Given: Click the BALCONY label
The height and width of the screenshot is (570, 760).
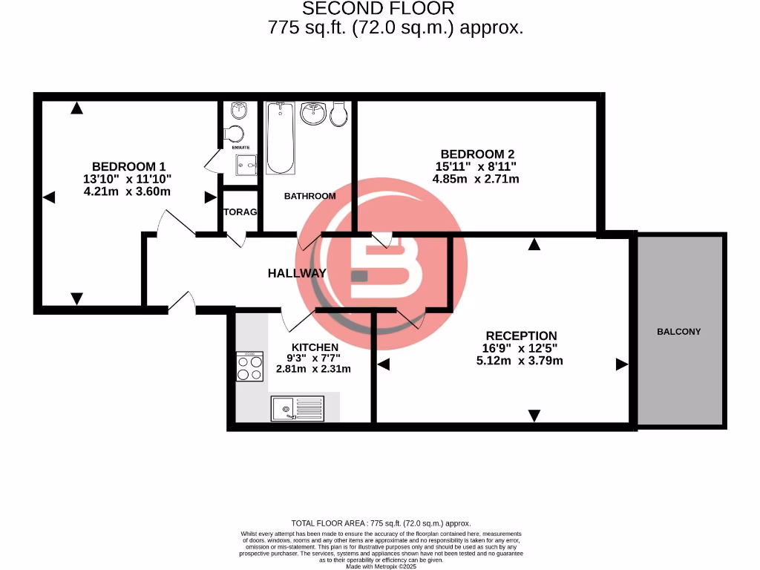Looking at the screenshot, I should tap(678, 332).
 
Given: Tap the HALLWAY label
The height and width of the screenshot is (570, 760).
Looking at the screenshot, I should tap(297, 273).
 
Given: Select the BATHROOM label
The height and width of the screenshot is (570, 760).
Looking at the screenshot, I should tap(310, 197).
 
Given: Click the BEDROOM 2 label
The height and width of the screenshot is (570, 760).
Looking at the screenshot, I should tap(478, 154).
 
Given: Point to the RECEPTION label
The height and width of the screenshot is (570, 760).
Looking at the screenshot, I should tap(521, 336).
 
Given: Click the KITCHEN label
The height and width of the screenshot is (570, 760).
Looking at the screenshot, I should tap(315, 347).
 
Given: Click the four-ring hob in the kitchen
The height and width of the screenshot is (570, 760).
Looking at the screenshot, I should tap(250, 366).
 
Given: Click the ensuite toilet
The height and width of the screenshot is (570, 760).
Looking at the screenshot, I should tap(235, 134).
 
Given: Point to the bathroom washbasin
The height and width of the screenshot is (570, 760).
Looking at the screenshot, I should tap(314, 114).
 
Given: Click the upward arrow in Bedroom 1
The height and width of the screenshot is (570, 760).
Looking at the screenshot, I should tap(76, 108).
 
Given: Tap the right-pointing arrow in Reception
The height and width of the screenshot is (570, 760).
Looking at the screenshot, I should tap(621, 364).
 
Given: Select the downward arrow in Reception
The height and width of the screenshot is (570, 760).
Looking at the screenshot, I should tap(534, 416).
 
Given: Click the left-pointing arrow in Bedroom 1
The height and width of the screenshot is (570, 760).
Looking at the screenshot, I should tap(49, 197).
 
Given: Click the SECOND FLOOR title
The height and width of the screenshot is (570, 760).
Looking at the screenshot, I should tap(378, 9).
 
